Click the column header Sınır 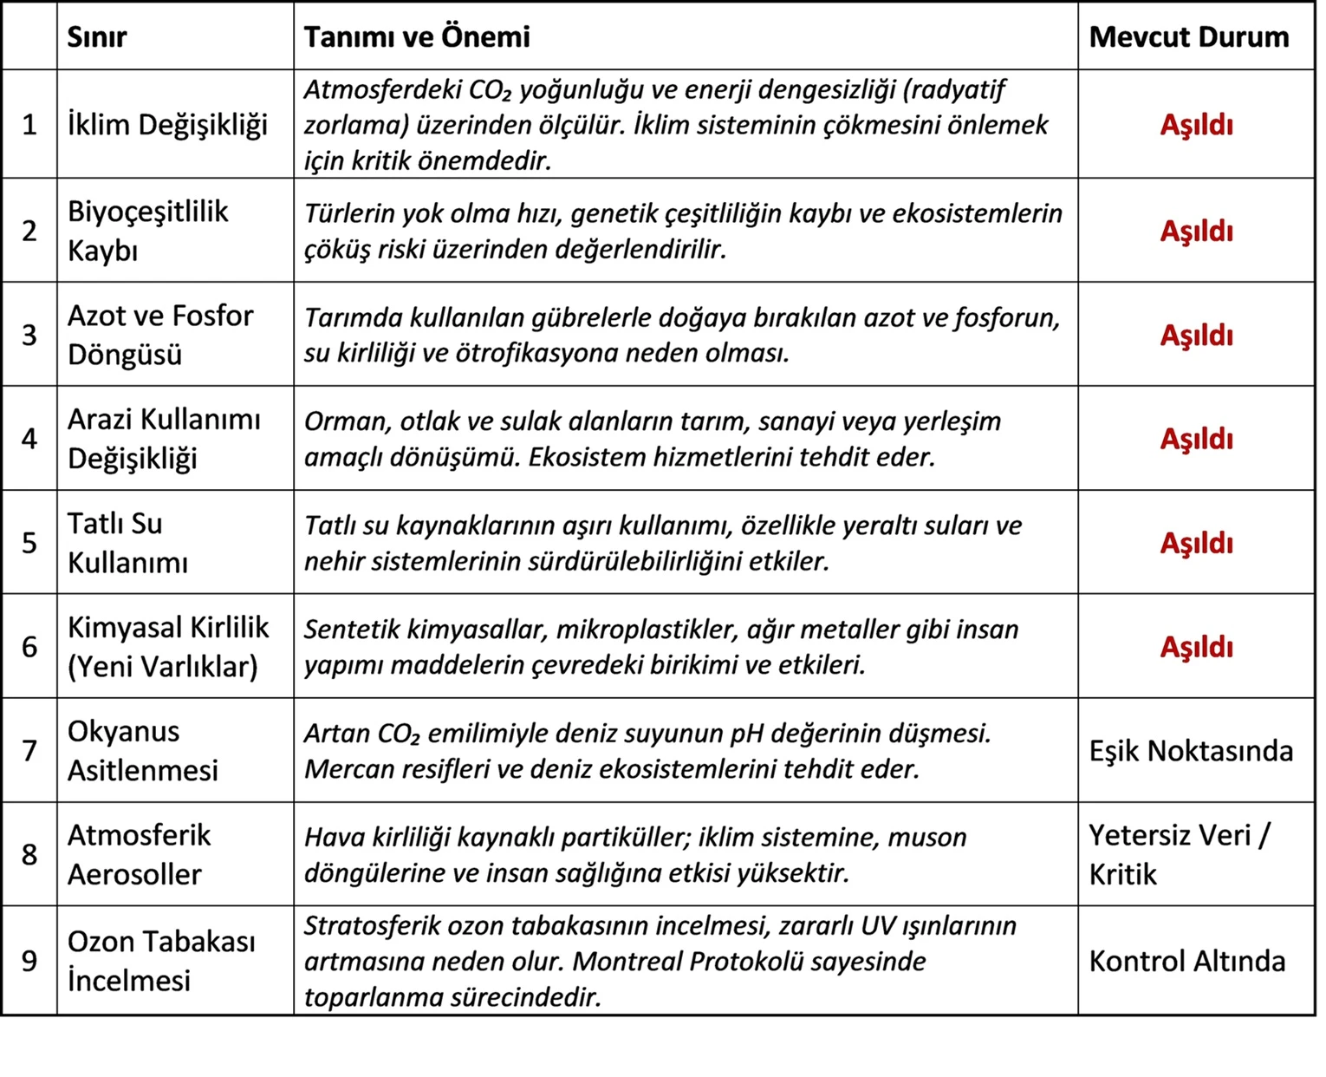tap(97, 37)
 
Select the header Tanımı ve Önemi tap(417, 37)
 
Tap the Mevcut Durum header tap(1188, 37)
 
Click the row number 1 tap(29, 125)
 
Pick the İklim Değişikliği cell tap(168, 125)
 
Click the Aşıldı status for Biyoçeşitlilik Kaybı tap(1196, 232)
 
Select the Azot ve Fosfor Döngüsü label tap(160, 335)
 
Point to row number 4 tap(29, 439)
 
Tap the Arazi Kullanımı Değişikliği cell tap(164, 439)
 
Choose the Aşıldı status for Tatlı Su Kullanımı tap(1196, 544)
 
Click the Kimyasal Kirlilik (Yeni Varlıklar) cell tap(168, 647)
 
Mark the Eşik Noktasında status tap(1191, 751)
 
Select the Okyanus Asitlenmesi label tap(143, 751)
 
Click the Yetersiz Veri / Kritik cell tap(1179, 855)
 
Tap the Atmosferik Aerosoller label tap(139, 855)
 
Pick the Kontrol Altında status tap(1186, 962)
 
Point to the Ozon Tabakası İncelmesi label tap(161, 961)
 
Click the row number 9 tap(29, 961)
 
